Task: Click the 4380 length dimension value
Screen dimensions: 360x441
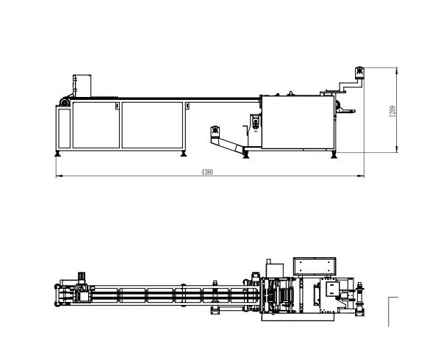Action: click(207, 172)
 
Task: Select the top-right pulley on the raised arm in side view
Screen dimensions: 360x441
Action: click(360, 72)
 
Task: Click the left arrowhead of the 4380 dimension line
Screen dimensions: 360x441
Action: click(57, 176)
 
